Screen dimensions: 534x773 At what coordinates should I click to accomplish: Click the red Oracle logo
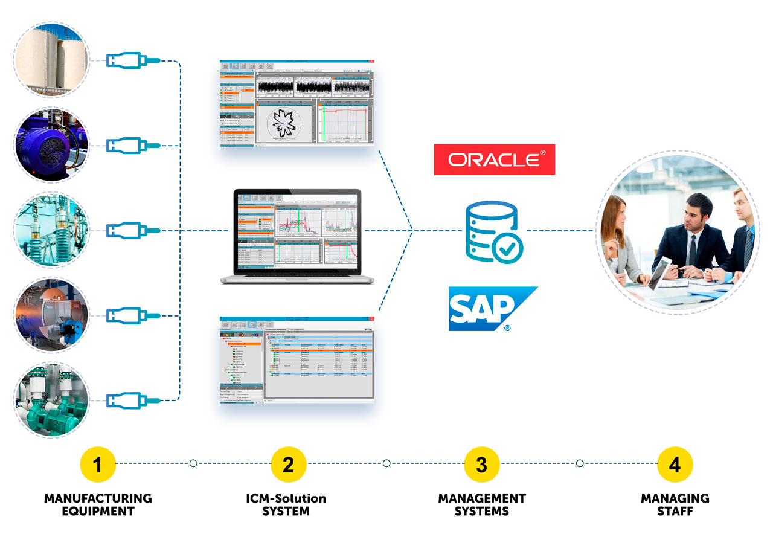coord(494,159)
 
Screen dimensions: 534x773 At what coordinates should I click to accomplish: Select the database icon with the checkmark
coord(494,231)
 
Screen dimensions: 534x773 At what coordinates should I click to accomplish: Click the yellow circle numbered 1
coord(98,464)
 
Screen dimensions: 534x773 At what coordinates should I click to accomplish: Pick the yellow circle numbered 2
coord(289,464)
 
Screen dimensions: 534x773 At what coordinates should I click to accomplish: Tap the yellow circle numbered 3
coord(481,464)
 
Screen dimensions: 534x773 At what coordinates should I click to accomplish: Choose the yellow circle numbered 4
coord(675,464)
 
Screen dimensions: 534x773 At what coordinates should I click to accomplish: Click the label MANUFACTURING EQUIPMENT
coord(98,504)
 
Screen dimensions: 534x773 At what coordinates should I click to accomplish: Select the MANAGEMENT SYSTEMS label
coord(481,504)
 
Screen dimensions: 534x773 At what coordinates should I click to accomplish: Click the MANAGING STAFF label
coord(675,504)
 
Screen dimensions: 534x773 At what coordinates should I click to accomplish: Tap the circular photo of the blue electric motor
coord(52,145)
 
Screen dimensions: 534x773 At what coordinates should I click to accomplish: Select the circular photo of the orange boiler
coord(52,314)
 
